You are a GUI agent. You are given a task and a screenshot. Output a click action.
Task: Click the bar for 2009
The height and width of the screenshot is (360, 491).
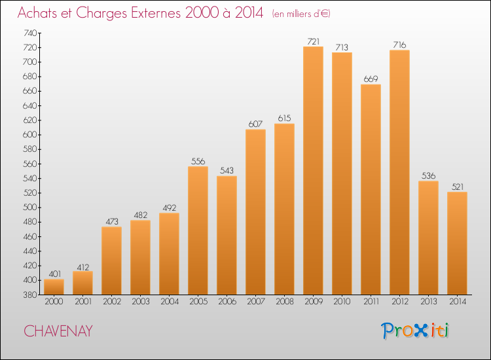point(313,171)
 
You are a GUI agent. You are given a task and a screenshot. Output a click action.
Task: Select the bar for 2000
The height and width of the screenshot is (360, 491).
point(54,287)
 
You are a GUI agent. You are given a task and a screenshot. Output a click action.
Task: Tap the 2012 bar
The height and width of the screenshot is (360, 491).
point(399,172)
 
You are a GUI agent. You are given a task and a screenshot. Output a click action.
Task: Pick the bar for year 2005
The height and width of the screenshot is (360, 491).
point(198,230)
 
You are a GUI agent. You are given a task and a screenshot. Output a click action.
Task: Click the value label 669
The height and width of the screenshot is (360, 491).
point(371,79)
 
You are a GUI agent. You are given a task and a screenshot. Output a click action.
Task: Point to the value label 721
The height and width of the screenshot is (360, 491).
point(313,41)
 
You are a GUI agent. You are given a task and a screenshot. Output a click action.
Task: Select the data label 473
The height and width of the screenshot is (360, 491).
point(112,222)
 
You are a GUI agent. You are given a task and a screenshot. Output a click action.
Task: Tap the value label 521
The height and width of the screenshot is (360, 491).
point(458,187)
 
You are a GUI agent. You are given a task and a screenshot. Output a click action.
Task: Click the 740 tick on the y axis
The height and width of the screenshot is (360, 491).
point(30,33)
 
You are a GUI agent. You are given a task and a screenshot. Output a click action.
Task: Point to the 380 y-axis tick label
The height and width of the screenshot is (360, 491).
point(30,295)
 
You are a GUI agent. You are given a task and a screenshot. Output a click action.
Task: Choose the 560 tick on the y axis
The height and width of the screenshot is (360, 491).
point(30,164)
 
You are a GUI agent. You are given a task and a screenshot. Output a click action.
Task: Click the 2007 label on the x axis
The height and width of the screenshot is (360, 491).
point(256,302)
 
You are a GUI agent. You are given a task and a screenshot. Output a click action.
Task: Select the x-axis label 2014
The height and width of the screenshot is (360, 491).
point(458,302)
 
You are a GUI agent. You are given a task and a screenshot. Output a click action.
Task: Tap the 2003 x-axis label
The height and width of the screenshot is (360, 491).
point(141,302)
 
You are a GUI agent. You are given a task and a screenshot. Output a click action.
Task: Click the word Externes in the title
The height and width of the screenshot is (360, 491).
point(156,13)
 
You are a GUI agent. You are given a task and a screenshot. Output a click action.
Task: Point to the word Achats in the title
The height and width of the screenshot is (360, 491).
point(37,13)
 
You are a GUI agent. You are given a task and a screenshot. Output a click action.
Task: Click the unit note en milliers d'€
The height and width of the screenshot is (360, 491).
point(301,14)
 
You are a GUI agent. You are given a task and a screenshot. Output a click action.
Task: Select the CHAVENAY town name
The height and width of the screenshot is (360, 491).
point(58,331)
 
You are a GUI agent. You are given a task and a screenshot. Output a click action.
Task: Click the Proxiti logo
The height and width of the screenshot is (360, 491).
point(415,331)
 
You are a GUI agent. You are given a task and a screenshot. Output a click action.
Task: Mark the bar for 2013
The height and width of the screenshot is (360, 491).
point(428,238)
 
